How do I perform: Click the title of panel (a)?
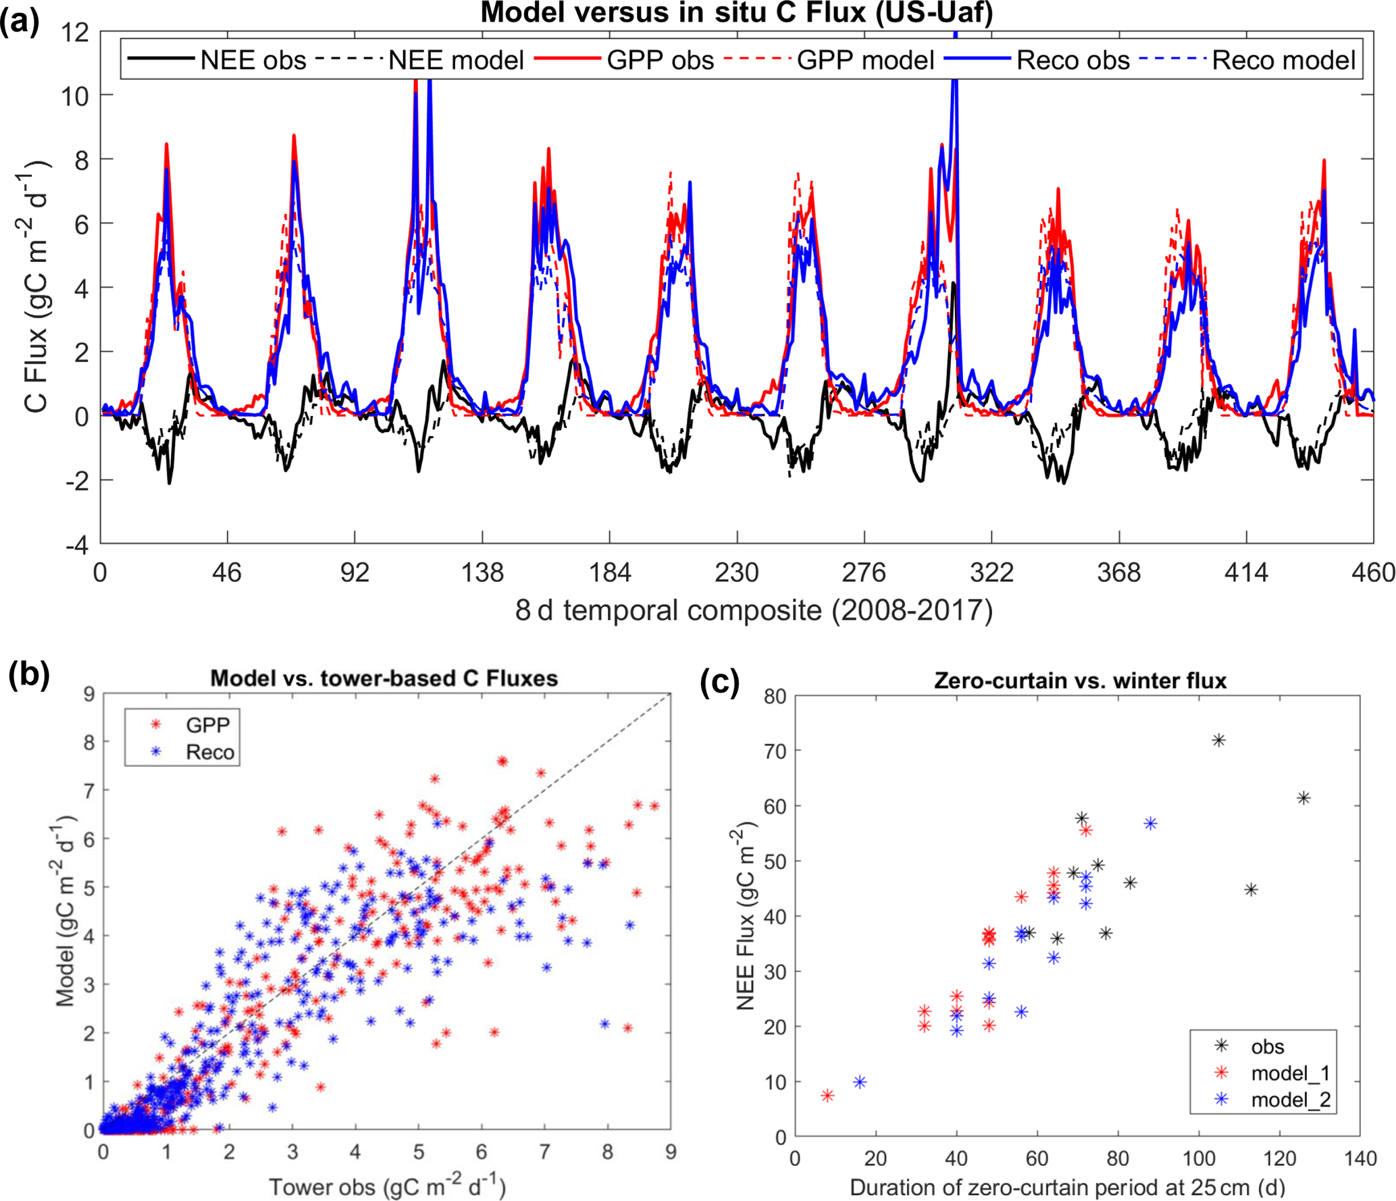[x=736, y=13]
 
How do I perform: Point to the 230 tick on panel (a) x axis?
[x=736, y=573]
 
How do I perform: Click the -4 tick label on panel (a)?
[x=78, y=545]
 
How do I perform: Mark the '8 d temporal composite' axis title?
[x=754, y=610]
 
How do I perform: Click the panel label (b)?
[x=28, y=675]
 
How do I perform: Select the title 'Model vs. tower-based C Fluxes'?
[x=384, y=678]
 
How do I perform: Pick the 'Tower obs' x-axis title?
[x=387, y=1186]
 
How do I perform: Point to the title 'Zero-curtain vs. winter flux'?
[x=1080, y=680]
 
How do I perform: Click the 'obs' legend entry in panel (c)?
[x=1267, y=1047]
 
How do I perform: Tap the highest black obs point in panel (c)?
[x=1218, y=741]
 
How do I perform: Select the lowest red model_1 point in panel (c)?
[x=827, y=1096]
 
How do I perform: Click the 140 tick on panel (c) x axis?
[x=1360, y=1158]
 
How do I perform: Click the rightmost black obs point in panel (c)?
[x=1303, y=798]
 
